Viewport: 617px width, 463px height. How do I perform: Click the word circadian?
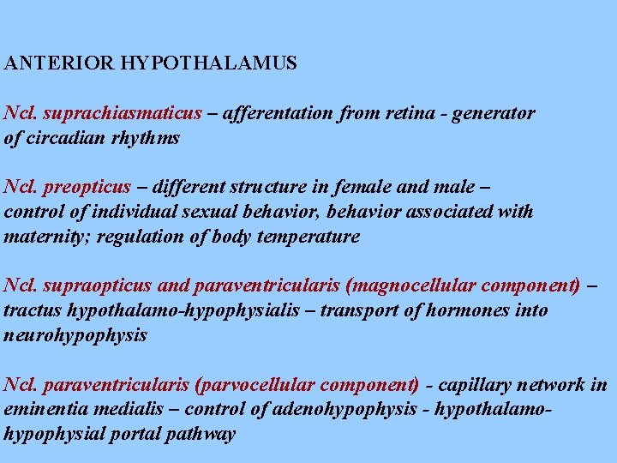click(x=65, y=138)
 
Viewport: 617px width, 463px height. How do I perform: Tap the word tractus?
click(x=29, y=310)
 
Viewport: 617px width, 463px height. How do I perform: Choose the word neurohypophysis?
click(x=75, y=335)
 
